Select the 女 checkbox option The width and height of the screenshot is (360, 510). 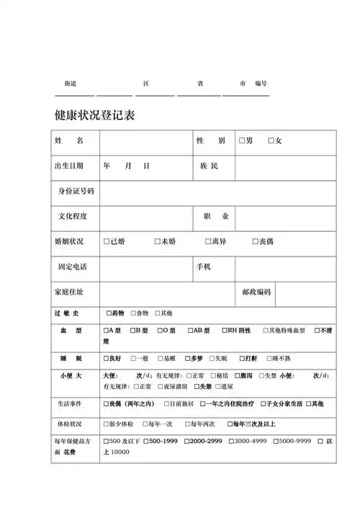tap(271, 140)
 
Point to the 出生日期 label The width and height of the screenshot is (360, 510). tap(69, 166)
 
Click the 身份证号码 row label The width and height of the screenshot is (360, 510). tap(76, 191)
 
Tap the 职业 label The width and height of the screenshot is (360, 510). tap(216, 216)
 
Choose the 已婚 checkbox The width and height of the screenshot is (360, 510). tap(107, 241)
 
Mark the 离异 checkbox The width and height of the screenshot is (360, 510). tap(207, 241)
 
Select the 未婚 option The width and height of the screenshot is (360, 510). tap(158, 241)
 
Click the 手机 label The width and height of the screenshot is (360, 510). tap(204, 267)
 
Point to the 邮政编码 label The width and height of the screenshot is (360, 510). tap(257, 292)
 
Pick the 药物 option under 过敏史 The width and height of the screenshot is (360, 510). tap(109, 313)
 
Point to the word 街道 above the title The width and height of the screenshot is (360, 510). tap(71, 84)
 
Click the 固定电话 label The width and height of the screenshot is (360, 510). tap(73, 267)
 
